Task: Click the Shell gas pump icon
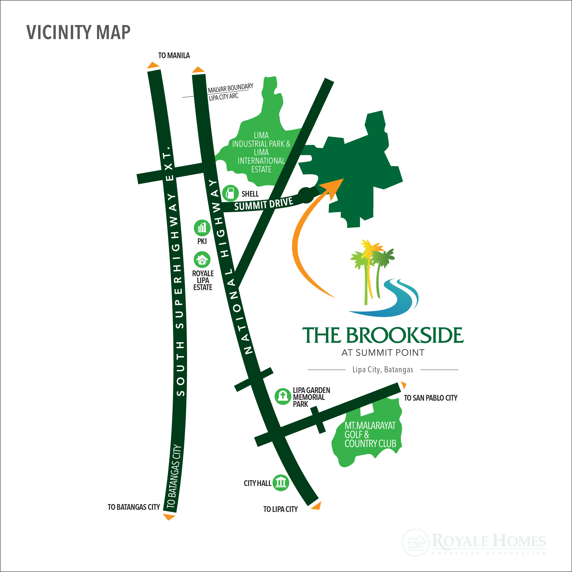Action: [230, 193]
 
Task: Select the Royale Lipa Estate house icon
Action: [202, 260]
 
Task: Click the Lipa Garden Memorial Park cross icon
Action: [282, 396]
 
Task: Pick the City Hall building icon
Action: [280, 483]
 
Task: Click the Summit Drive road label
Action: [264, 204]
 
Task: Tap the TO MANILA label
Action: [174, 55]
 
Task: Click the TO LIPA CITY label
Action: [280, 509]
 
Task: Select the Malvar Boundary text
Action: [230, 88]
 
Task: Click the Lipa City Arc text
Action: [224, 97]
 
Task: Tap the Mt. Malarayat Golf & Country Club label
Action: [370, 434]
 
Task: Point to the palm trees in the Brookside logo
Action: [372, 266]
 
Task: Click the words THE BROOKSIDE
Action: [383, 335]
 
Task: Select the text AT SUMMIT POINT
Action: [383, 353]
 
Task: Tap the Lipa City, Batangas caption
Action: [383, 369]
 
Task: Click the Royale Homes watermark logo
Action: [474, 542]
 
